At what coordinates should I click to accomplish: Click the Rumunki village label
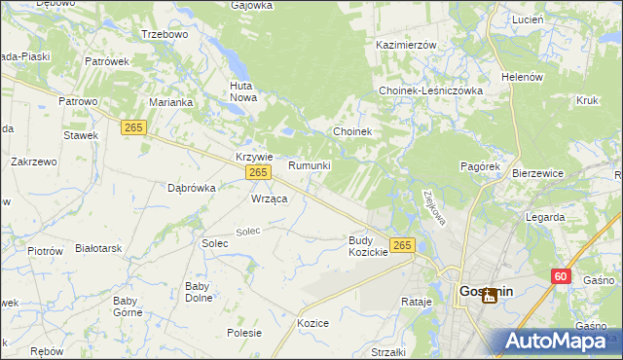[310, 165]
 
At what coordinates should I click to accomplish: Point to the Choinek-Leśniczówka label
[430, 90]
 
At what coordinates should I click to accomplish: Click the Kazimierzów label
[406, 45]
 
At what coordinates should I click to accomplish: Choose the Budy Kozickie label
[368, 245]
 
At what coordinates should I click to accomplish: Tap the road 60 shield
[559, 276]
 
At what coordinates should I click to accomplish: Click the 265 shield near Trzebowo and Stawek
[133, 126]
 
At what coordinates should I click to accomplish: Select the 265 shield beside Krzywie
[257, 172]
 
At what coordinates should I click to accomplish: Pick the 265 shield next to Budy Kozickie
[402, 244]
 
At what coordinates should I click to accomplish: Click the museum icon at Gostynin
[490, 295]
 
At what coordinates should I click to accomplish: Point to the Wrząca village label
[269, 198]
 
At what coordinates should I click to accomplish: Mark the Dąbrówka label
[191, 188]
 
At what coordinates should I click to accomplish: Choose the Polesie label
[244, 333]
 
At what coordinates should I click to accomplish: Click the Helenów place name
[520, 77]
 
